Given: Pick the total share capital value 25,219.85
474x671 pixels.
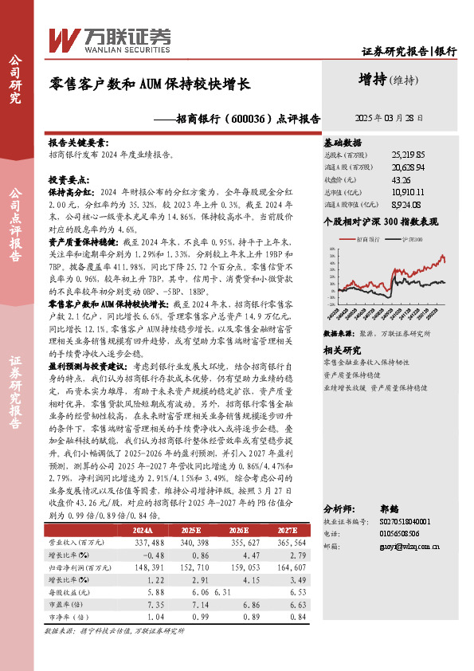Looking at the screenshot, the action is tap(408, 154).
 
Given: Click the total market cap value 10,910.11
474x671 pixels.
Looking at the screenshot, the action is tap(408, 192).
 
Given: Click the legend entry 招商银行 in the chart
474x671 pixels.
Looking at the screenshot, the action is tap(367, 239).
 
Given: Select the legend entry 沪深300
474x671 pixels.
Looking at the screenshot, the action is tap(412, 239).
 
